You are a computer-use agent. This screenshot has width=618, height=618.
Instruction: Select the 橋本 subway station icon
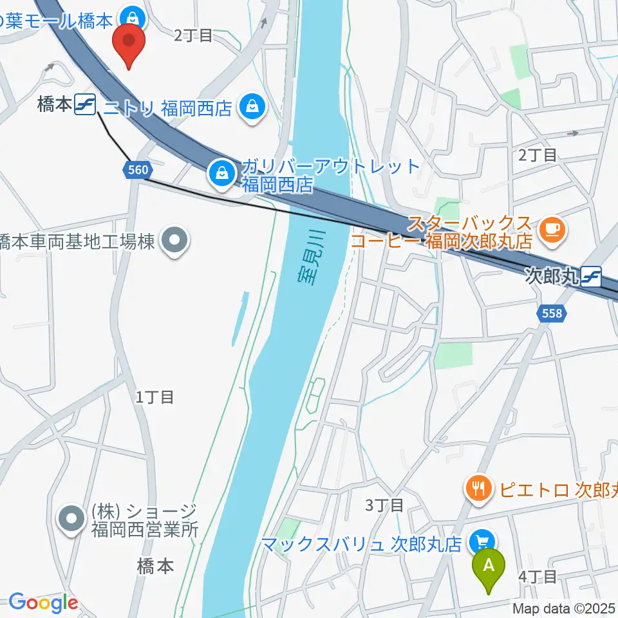tap(84, 104)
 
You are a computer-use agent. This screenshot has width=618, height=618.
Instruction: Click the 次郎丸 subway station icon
tap(591, 277)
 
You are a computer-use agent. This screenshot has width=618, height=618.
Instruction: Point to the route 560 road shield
tap(137, 171)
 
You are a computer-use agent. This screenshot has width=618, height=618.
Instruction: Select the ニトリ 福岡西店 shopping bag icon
tap(252, 107)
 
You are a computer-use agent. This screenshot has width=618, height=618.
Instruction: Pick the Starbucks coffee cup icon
tap(552, 227)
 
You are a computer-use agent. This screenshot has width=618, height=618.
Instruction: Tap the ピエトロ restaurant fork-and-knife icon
tap(478, 489)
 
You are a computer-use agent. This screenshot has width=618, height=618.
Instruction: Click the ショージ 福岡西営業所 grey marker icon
tap(72, 518)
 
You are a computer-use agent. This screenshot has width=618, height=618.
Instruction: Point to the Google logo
tap(43, 603)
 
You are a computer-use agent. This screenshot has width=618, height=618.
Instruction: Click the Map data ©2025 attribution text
tap(564, 607)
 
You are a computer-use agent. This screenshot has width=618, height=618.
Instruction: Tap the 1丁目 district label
tap(154, 397)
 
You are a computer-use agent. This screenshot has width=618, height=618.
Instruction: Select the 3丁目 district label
tap(384, 505)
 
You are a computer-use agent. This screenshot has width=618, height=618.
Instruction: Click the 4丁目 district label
tap(537, 576)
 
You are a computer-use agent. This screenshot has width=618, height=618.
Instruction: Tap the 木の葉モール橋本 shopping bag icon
tap(135, 15)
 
